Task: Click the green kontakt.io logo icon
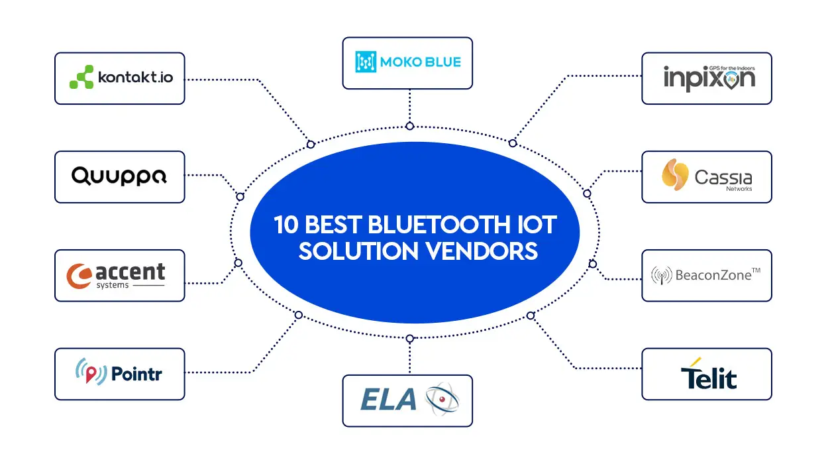coord(81,77)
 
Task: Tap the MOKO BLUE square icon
coord(366,62)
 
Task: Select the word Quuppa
coord(119,176)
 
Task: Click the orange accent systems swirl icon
coord(79,276)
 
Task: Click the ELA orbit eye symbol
coord(442,399)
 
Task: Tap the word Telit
coord(709,377)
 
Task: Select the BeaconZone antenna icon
coord(661,276)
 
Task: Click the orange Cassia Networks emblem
coord(675,174)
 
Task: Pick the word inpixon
coord(709,78)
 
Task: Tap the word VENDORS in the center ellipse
coord(482,251)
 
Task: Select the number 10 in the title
coord(285,225)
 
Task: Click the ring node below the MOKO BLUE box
coord(409,126)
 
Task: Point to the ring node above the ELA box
coord(409,339)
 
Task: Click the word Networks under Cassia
coord(739,189)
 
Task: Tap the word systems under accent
coord(113,285)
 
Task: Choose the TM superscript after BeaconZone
coord(756,270)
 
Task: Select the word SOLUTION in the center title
coord(358,251)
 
